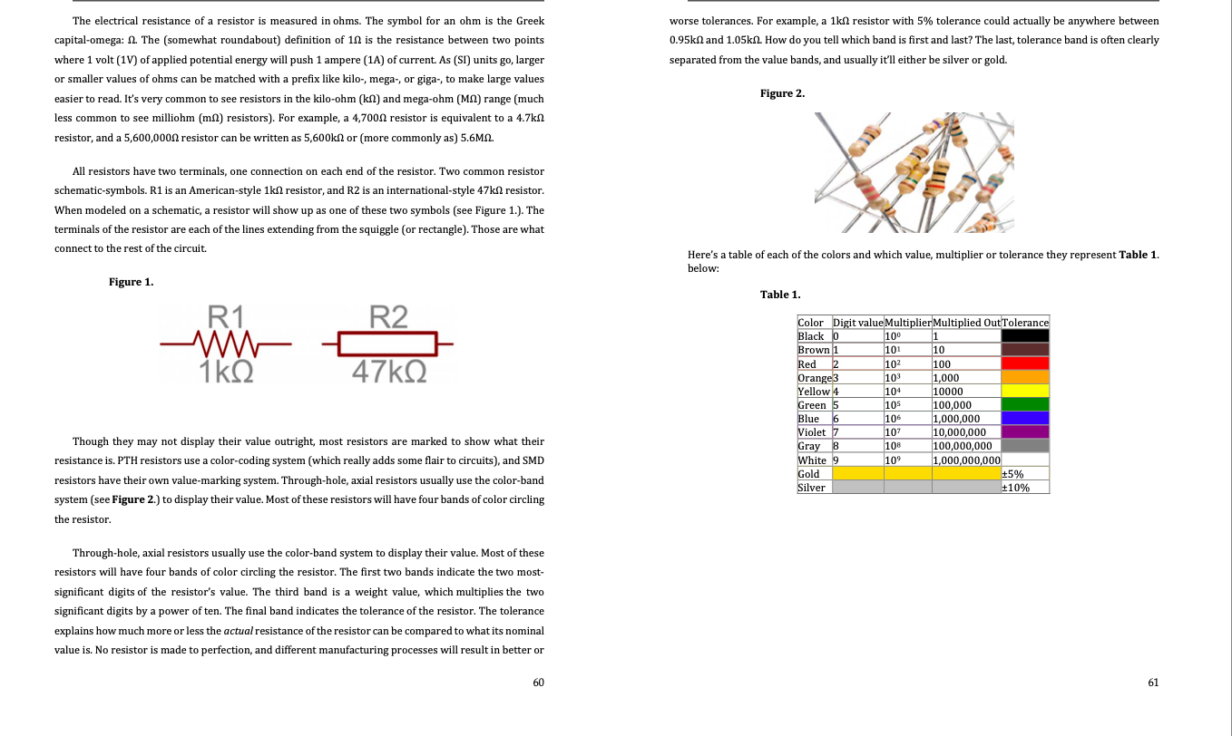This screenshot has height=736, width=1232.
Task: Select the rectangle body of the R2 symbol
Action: (387, 344)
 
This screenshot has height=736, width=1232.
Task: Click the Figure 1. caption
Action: (131, 282)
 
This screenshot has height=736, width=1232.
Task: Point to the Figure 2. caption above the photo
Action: (782, 93)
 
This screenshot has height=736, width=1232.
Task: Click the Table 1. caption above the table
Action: (780, 295)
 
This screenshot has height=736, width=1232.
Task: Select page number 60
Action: (538, 683)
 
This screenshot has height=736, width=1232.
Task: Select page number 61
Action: (1152, 683)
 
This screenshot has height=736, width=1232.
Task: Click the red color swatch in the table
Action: (1024, 363)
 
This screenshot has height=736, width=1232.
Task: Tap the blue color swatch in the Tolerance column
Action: (1024, 418)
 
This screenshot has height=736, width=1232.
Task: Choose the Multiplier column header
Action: (906, 323)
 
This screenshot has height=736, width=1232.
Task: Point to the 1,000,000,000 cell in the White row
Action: (965, 460)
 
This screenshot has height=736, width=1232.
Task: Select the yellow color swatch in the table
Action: (1024, 391)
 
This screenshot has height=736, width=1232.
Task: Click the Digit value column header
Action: (856, 323)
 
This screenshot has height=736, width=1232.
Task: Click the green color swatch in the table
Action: (1024, 404)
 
